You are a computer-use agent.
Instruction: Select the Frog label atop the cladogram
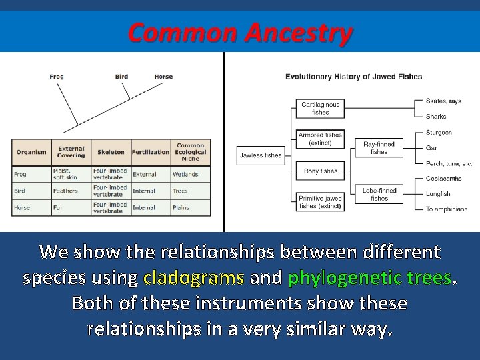coord(57,77)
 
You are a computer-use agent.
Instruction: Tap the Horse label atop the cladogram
coord(163,77)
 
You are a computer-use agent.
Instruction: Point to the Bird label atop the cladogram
coord(121,77)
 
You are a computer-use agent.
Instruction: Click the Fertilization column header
coord(151,152)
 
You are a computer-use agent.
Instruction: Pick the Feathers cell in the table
coord(65,191)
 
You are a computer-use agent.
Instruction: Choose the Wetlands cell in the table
coord(185,175)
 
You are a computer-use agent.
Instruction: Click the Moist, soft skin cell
coord(65,175)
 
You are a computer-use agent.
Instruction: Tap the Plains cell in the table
coord(181,208)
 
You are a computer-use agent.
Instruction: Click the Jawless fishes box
coord(261,155)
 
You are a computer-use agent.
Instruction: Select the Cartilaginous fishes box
coord(320,108)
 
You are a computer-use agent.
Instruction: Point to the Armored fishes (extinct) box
coord(320,139)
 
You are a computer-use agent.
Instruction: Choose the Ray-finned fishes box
coord(379,147)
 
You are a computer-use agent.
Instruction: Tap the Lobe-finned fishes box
coord(379,194)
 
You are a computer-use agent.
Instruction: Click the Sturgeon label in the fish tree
coord(439,133)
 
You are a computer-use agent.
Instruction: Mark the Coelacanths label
coord(444,179)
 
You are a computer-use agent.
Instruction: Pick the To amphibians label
coord(447,209)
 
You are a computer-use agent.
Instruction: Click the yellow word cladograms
coord(193,277)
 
